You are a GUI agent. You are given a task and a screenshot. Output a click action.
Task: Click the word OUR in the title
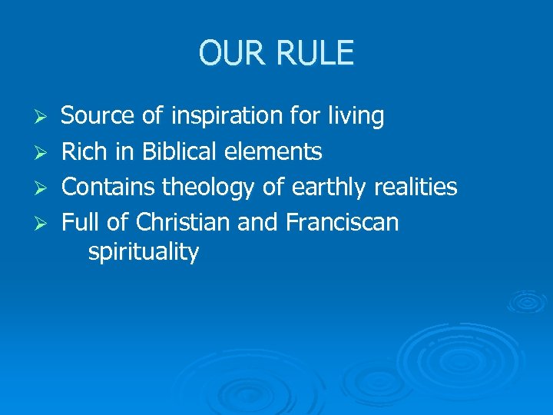232,53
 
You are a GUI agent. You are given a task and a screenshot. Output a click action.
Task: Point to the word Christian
183,222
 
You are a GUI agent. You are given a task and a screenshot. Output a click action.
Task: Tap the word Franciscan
343,222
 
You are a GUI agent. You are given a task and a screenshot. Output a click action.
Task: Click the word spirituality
144,253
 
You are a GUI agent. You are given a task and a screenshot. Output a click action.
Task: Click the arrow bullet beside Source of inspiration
45,118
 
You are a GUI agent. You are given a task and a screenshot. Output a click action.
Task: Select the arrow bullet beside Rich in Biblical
45,153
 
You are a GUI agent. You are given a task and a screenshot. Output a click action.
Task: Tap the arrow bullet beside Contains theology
45,188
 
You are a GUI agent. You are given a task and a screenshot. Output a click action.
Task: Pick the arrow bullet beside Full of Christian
45,224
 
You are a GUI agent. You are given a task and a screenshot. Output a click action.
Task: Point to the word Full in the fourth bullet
80,222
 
